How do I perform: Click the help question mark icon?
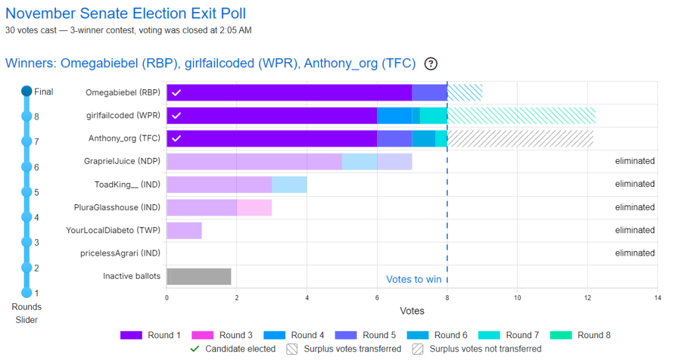click(x=431, y=63)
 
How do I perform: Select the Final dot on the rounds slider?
click(x=26, y=92)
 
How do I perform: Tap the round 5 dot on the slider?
click(x=26, y=192)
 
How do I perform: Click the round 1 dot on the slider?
click(x=26, y=293)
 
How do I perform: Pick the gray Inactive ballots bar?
click(x=199, y=276)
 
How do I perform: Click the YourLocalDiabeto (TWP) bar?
click(x=184, y=231)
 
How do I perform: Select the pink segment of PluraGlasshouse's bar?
click(x=254, y=207)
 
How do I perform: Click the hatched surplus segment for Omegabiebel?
click(x=465, y=92)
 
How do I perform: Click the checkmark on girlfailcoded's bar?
click(x=176, y=116)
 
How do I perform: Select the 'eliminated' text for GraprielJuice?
click(x=634, y=161)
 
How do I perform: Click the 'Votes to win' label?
click(x=413, y=279)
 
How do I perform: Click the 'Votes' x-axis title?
click(x=412, y=310)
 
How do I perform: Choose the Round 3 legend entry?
click(x=218, y=335)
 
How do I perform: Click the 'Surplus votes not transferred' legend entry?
click(x=477, y=349)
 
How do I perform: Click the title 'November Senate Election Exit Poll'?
click(x=125, y=14)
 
